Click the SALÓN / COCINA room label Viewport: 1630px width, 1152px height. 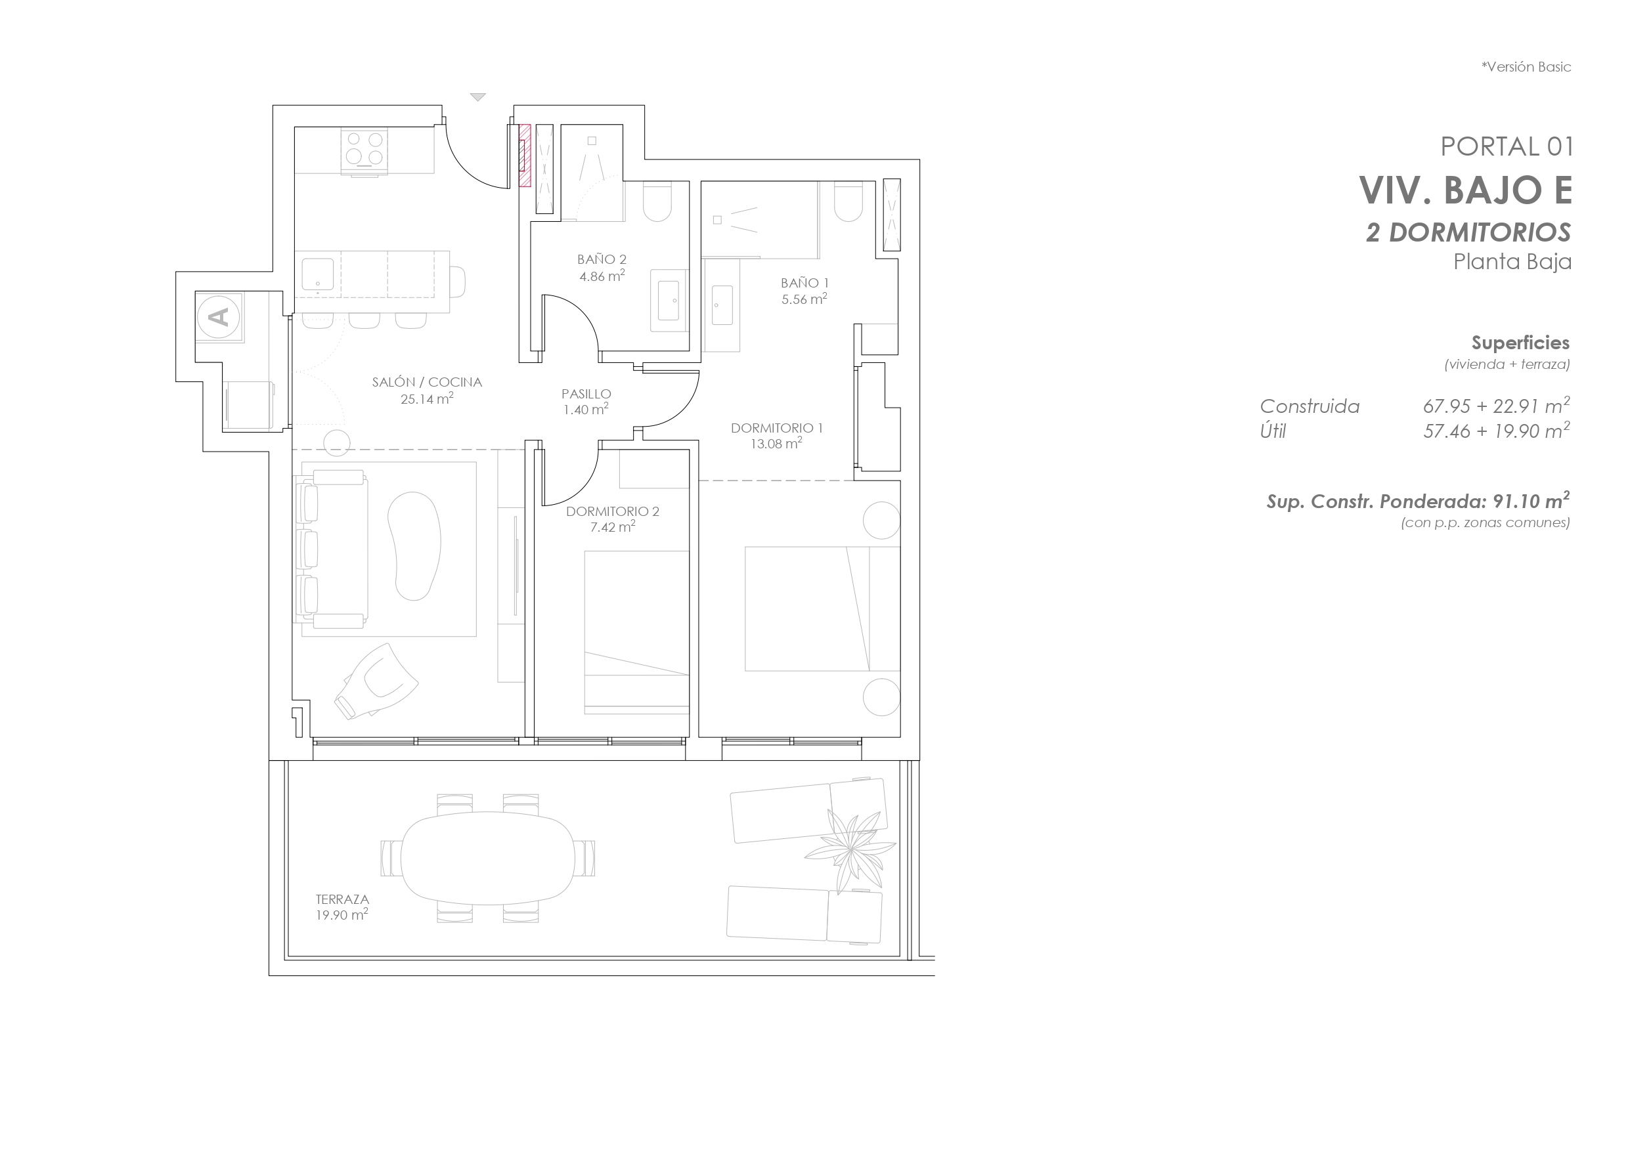point(427,382)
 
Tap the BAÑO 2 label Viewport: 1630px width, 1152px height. point(602,260)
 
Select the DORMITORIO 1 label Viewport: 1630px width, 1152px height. point(777,428)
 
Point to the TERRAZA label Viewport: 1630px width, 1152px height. point(342,899)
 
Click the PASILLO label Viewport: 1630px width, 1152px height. point(586,394)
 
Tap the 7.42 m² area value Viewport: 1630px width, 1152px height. point(612,526)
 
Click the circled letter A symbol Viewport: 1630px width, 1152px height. point(219,316)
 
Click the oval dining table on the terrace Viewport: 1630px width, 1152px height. point(488,858)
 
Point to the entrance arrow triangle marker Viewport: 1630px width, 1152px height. point(478,97)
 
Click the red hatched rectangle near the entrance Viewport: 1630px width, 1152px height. point(525,156)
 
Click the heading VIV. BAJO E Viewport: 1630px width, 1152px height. point(1465,190)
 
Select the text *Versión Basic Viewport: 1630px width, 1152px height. point(1526,67)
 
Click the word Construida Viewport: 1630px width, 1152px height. point(1310,407)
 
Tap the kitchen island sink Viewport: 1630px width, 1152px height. point(318,276)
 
